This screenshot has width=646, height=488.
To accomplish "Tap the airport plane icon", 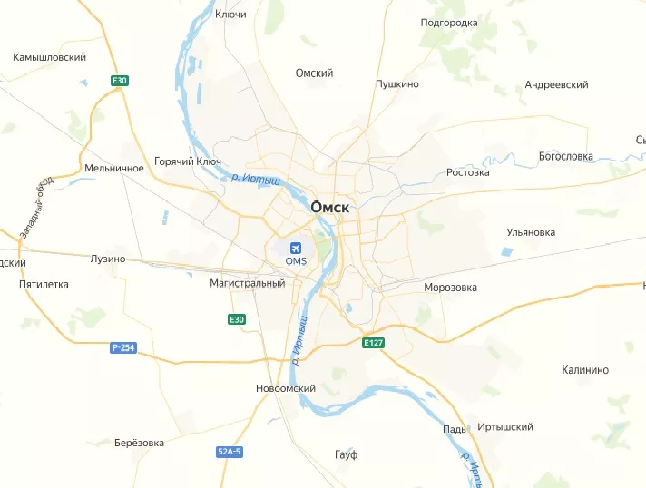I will point(296,248).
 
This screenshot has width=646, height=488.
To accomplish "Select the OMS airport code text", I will point(296,261).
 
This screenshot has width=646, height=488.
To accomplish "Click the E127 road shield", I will point(374,343).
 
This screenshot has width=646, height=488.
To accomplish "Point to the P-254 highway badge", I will point(122,348).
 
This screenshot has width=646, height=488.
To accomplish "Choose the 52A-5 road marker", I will point(230,451).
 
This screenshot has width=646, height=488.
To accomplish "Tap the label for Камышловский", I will point(49,57).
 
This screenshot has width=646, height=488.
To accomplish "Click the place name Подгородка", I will point(449,23).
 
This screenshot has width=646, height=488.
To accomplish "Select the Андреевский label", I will point(556,84).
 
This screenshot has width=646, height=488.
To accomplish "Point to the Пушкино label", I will point(397,84).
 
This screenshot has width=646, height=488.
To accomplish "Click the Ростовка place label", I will point(468,172).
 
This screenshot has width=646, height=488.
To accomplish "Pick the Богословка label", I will point(565,156).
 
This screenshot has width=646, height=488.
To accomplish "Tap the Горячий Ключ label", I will point(188,161).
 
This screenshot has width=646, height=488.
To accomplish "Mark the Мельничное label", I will point(113,169).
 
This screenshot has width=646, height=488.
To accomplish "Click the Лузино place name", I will point(108,259).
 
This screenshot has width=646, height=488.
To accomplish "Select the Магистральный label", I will point(247,283).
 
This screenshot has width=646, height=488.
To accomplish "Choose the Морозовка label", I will point(450,288).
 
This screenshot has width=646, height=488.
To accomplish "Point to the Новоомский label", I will point(286,388).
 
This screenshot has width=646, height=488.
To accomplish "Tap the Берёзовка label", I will point(139,443).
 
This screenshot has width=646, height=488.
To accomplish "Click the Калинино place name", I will point(585,370).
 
